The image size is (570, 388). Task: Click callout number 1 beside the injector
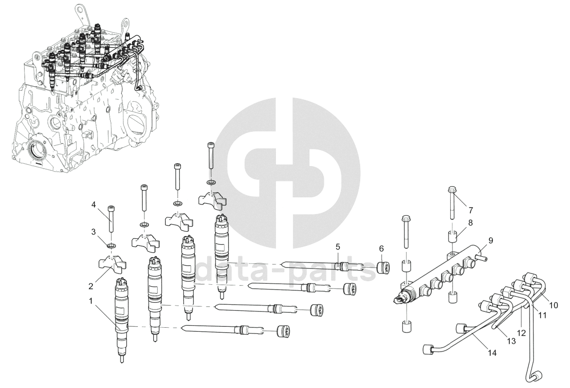(91, 301)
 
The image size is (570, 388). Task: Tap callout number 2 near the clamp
(91, 286)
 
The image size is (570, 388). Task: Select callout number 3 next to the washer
(94, 232)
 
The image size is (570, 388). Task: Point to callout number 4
(94, 205)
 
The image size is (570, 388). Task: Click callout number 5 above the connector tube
(338, 246)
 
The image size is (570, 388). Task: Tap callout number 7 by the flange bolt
(471, 210)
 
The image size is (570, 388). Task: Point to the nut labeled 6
(383, 267)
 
